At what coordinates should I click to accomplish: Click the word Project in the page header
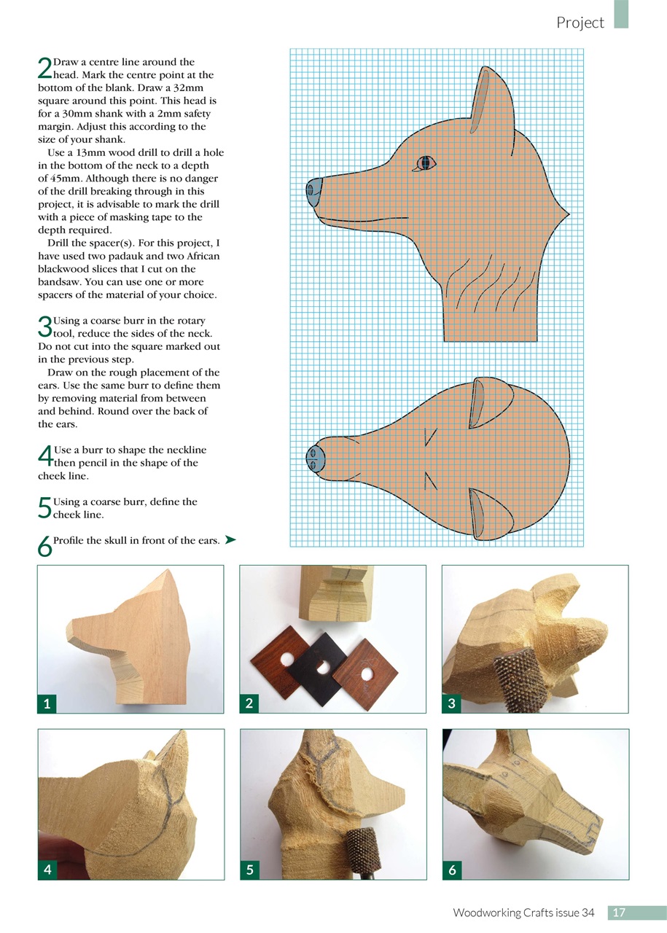click(580, 23)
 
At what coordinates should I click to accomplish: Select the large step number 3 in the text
click(44, 326)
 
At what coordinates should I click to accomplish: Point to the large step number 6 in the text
click(44, 546)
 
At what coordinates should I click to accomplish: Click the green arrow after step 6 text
click(231, 539)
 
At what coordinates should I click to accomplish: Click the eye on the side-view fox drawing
click(425, 163)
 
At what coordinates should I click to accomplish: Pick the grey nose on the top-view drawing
click(314, 459)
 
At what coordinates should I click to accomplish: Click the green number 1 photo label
click(47, 703)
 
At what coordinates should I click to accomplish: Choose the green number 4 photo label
click(47, 869)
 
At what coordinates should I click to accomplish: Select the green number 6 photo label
click(452, 869)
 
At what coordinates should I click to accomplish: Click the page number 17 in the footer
click(619, 913)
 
